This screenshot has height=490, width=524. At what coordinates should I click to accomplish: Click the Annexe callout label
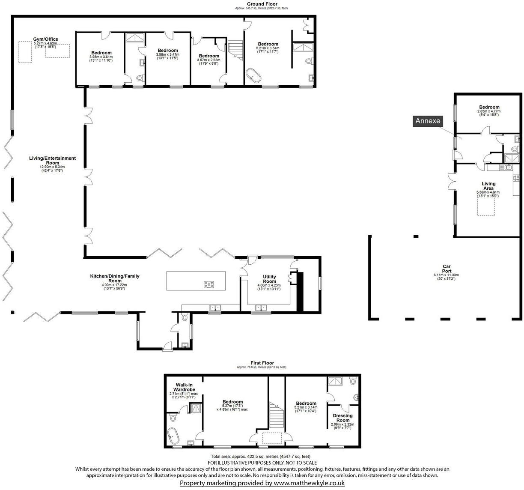(428, 121)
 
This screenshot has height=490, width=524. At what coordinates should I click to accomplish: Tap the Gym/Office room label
(46, 39)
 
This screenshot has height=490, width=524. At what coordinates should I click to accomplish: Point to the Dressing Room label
(342, 418)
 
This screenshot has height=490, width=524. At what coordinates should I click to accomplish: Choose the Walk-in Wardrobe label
(184, 387)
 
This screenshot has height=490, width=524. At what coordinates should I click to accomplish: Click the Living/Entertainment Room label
(52, 161)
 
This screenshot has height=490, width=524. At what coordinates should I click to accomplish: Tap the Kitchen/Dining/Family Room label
(114, 278)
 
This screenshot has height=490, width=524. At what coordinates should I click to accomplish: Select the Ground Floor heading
(262, 4)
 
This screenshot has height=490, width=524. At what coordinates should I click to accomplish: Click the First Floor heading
(262, 363)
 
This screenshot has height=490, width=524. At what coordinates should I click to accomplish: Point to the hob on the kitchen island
(209, 284)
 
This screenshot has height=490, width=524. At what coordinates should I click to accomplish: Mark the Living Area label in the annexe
(488, 186)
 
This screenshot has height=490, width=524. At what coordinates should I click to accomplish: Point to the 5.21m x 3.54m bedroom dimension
(268, 48)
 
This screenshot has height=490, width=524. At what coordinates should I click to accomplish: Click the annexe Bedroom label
(489, 107)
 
